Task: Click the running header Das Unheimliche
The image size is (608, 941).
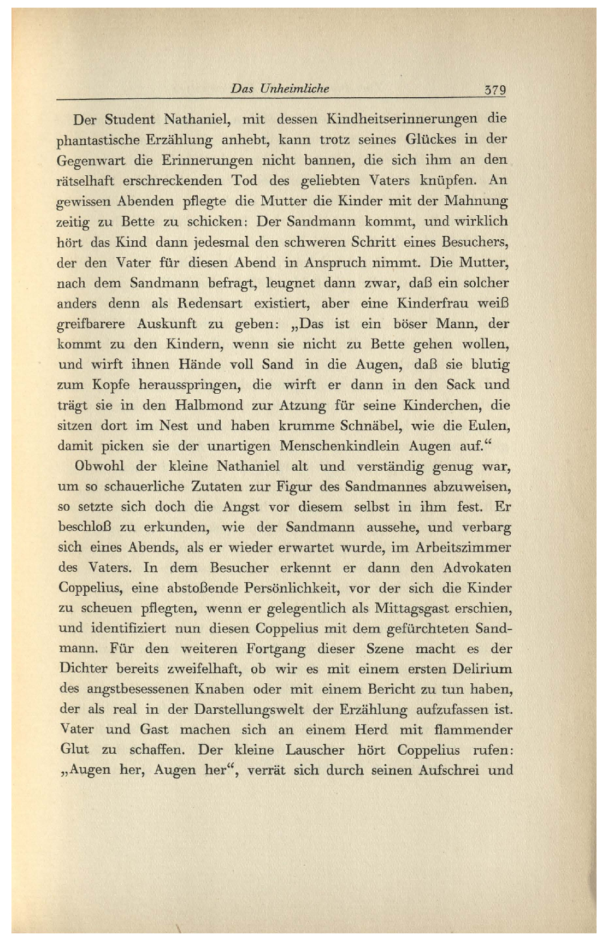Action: pyautogui.click(x=280, y=88)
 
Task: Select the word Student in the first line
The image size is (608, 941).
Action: pyautogui.click(x=130, y=119)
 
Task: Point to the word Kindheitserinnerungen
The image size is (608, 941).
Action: pyautogui.click(x=402, y=119)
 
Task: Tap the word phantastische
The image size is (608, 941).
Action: pyautogui.click(x=98, y=140)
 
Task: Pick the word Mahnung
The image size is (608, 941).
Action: pyautogui.click(x=476, y=200)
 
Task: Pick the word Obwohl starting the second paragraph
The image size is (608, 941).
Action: pyautogui.click(x=99, y=466)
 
